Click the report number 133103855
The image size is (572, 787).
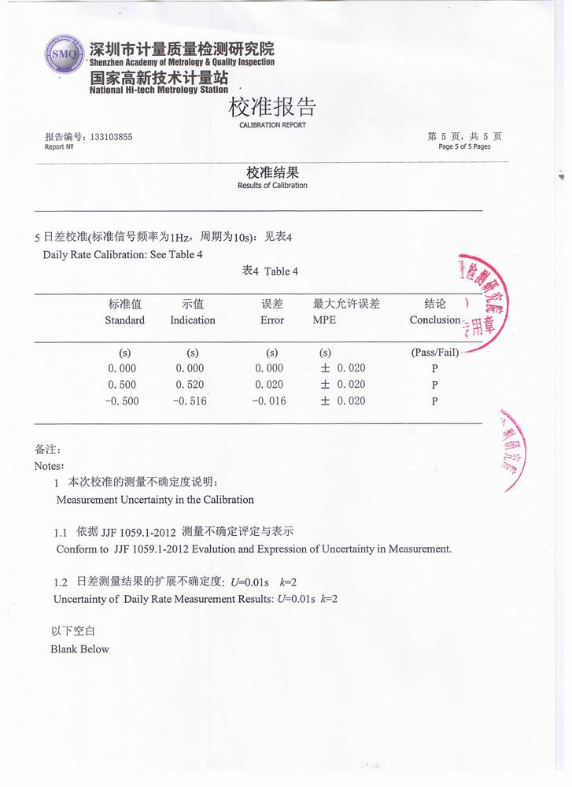pyautogui.click(x=111, y=136)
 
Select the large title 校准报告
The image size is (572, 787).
pyautogui.click(x=272, y=106)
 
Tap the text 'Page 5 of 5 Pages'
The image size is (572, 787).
pyautogui.click(x=464, y=146)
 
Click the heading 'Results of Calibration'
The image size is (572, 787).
pyautogui.click(x=272, y=186)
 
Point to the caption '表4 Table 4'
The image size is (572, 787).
pyautogui.click(x=270, y=272)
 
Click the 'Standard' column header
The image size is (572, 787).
pyautogui.click(x=124, y=320)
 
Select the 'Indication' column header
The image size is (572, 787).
pyautogui.click(x=192, y=320)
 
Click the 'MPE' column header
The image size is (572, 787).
pyautogui.click(x=324, y=320)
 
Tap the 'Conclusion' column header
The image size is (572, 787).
pyautogui.click(x=434, y=320)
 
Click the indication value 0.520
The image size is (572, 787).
pyautogui.click(x=190, y=385)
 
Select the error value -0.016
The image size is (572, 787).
pyautogui.click(x=268, y=401)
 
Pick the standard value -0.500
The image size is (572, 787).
pyautogui.click(x=122, y=401)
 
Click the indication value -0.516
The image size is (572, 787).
pyautogui.click(x=190, y=401)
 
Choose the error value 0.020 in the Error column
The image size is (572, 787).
pyautogui.click(x=269, y=385)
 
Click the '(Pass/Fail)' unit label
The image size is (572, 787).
pyautogui.click(x=434, y=353)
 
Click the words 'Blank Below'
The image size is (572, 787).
pyautogui.click(x=80, y=649)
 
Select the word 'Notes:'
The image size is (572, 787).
pyautogui.click(x=50, y=465)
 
